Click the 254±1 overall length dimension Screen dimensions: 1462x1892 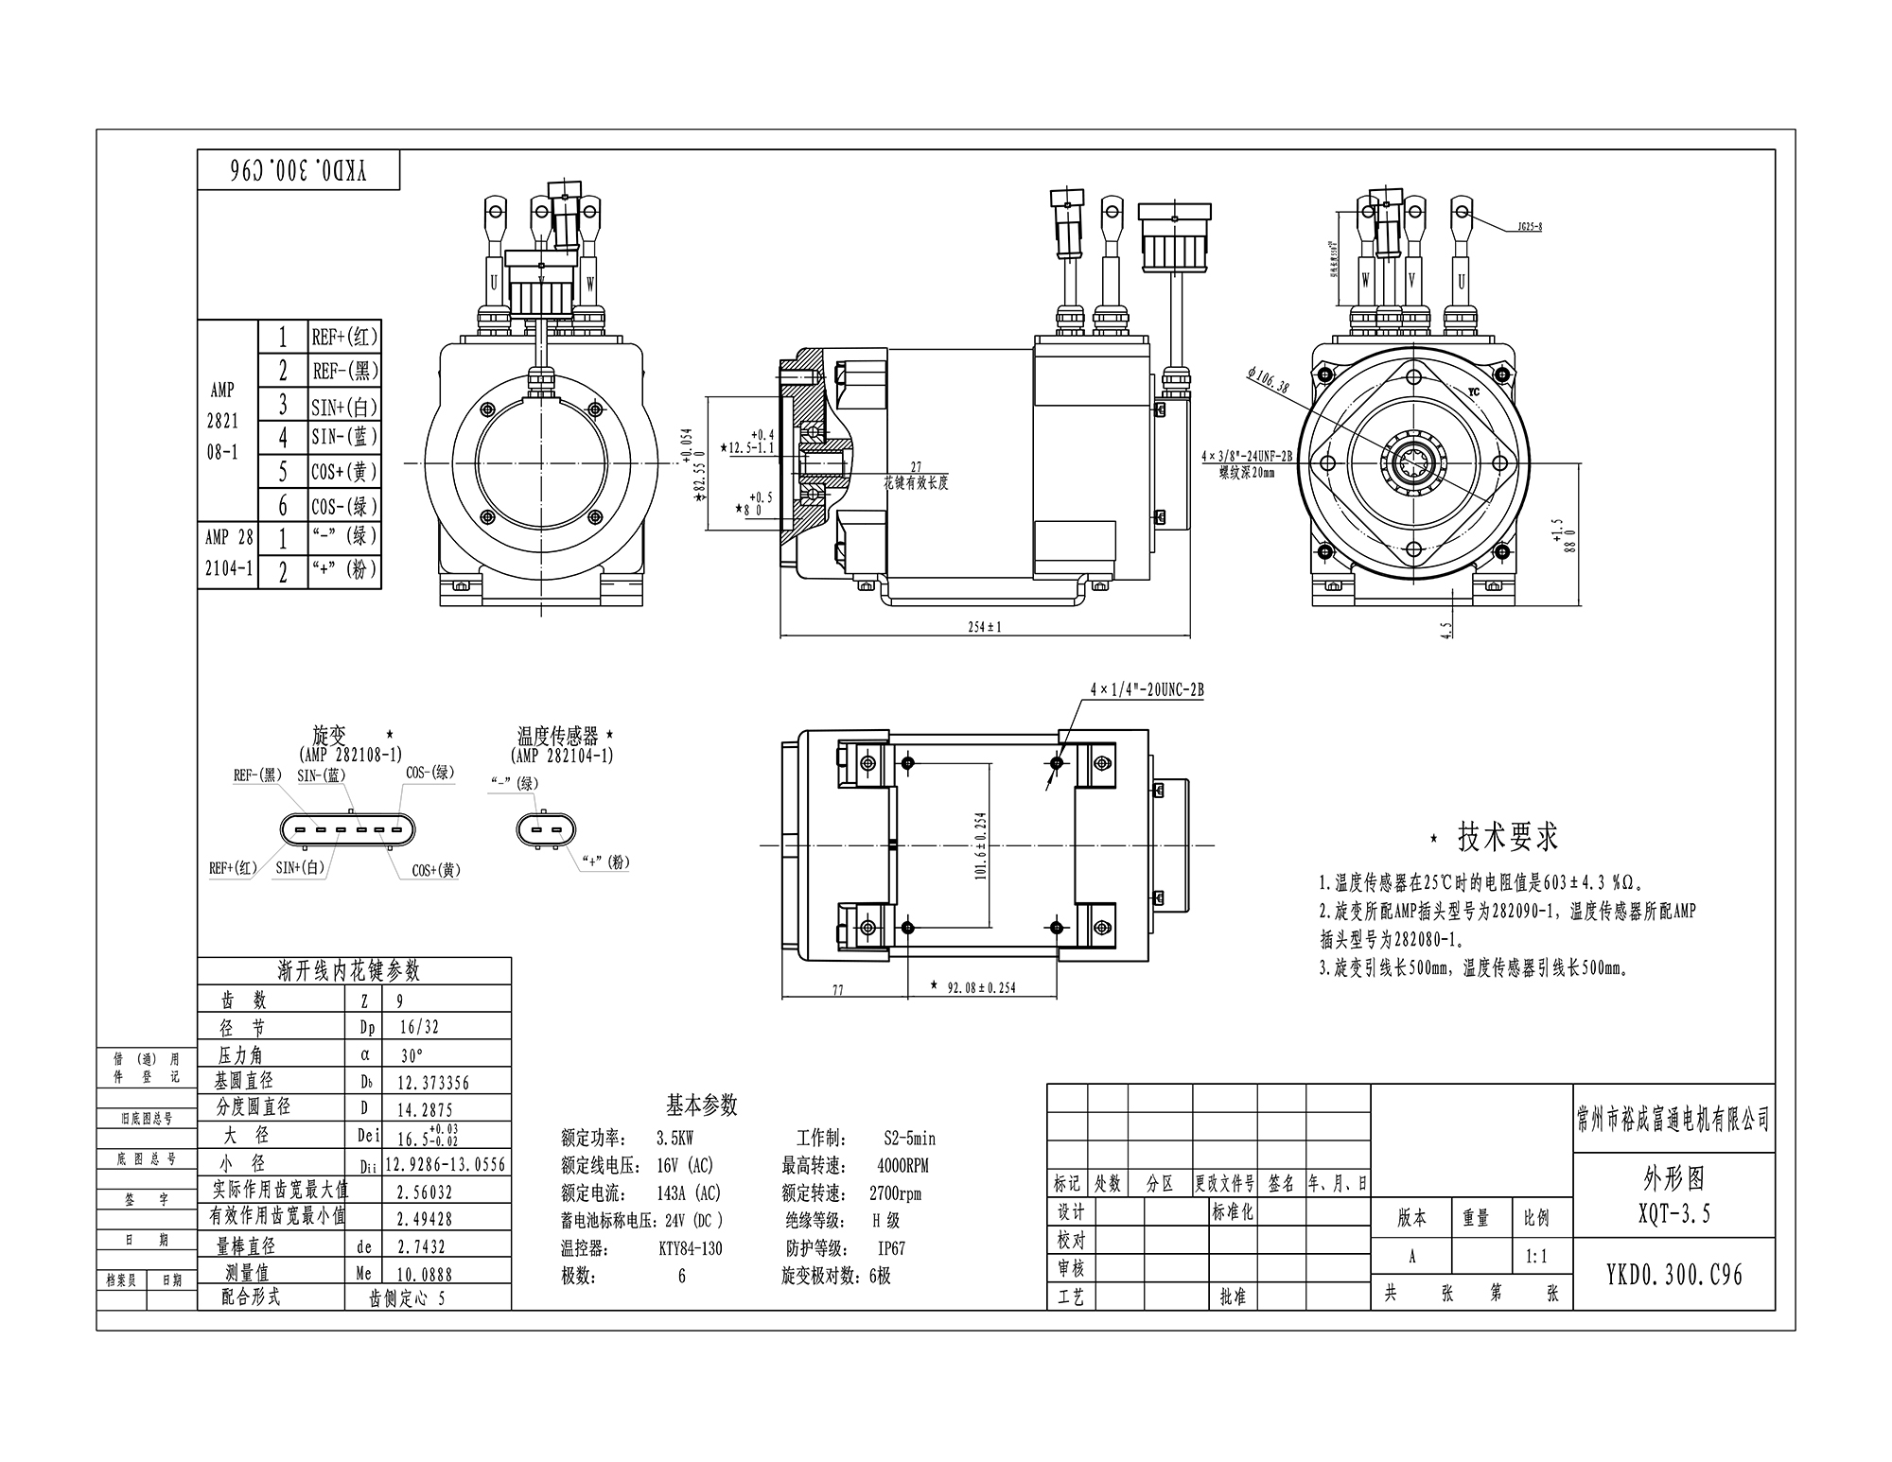[x=985, y=627]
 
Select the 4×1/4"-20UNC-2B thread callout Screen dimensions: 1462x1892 [x=1147, y=690]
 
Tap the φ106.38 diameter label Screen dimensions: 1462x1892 [x=1269, y=380]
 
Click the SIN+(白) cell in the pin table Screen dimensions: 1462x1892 [x=344, y=407]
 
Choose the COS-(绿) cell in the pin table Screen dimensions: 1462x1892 [x=344, y=506]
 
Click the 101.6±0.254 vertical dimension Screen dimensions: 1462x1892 [x=981, y=846]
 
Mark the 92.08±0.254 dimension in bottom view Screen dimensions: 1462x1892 [x=981, y=987]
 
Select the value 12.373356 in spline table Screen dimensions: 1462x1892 [x=433, y=1083]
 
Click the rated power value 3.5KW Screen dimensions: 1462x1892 [x=674, y=1140]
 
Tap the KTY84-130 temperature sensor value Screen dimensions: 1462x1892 [x=690, y=1248]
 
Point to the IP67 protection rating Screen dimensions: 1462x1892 [x=891, y=1248]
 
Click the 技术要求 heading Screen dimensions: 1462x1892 [x=1507, y=836]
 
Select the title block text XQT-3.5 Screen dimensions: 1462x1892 [x=1673, y=1214]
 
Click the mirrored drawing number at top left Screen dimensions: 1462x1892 [x=299, y=170]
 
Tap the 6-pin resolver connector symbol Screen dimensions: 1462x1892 [x=347, y=831]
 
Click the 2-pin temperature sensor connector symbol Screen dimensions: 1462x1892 [x=544, y=831]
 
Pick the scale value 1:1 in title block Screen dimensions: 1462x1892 [x=1536, y=1258]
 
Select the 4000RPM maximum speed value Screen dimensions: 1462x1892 [x=902, y=1166]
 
